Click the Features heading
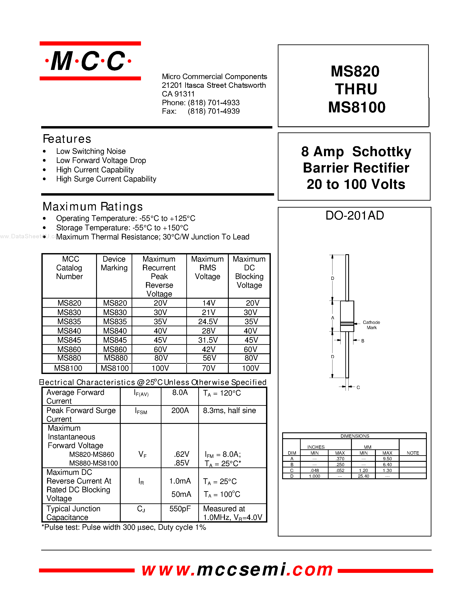(x=67, y=139)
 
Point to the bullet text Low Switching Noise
(x=91, y=151)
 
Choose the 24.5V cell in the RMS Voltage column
(x=208, y=321)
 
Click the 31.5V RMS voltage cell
(x=208, y=340)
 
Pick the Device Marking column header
(x=114, y=263)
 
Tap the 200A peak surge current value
(x=180, y=411)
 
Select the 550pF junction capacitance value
(x=180, y=509)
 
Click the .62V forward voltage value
(x=181, y=454)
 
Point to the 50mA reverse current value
(x=181, y=494)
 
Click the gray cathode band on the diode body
(x=347, y=324)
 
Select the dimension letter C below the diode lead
(x=358, y=387)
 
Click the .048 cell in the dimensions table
(x=314, y=470)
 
